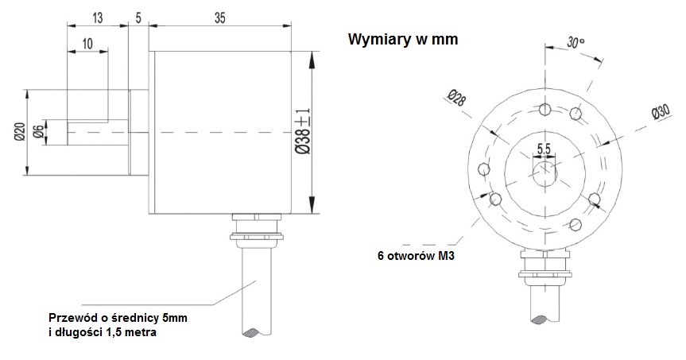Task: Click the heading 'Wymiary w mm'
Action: coord(403,40)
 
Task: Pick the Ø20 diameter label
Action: coord(17,132)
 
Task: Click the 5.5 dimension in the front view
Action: coord(545,149)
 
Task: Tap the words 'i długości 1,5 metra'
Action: coord(103,334)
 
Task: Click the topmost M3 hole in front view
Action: coord(545,109)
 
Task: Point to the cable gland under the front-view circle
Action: coord(545,266)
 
